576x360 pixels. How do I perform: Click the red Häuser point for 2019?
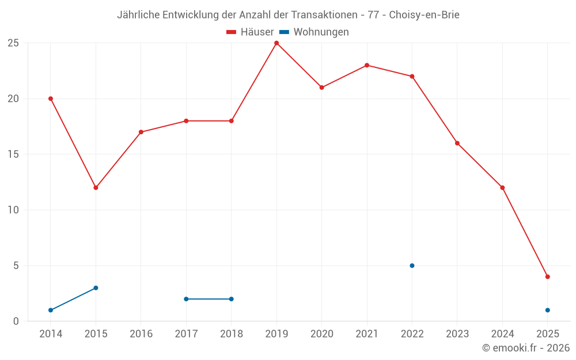tap(276, 43)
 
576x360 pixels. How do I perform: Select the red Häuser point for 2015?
tap(96, 188)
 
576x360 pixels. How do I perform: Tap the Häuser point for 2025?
tap(547, 276)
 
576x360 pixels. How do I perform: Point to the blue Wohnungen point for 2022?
tap(412, 266)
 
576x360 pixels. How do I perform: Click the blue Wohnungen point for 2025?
tap(547, 310)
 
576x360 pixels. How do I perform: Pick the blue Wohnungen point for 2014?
tap(51, 310)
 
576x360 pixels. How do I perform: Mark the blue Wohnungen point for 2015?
tap(96, 288)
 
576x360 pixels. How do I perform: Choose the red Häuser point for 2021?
tap(367, 65)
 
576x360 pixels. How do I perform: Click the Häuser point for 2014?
tap(51, 98)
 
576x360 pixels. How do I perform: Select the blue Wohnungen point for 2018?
tap(231, 299)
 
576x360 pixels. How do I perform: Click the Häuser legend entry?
tap(250, 32)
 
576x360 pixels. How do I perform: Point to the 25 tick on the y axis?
tap(13, 43)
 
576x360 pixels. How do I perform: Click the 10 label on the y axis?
tap(13, 210)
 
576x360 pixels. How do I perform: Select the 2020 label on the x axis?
tap(321, 334)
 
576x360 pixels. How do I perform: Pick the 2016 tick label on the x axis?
tap(141, 334)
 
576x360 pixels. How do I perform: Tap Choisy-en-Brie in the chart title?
tap(424, 15)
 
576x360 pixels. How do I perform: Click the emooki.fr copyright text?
tap(526, 348)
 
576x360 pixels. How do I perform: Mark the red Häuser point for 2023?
tap(457, 143)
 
